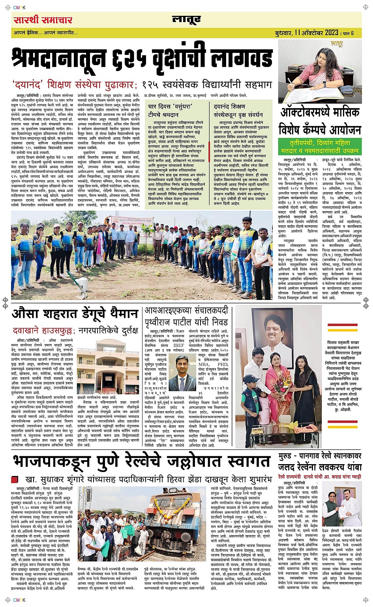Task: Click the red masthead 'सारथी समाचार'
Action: [43, 20]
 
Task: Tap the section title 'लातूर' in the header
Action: [186, 20]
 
